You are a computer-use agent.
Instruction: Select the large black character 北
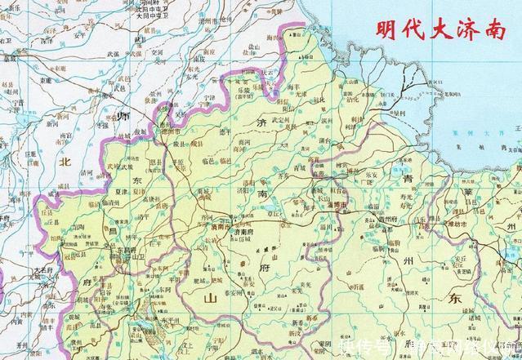[x=64, y=162]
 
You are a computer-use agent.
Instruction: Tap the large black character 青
[x=407, y=176]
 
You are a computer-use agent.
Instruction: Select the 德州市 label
[x=169, y=131]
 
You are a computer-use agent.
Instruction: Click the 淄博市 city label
[x=337, y=206]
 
